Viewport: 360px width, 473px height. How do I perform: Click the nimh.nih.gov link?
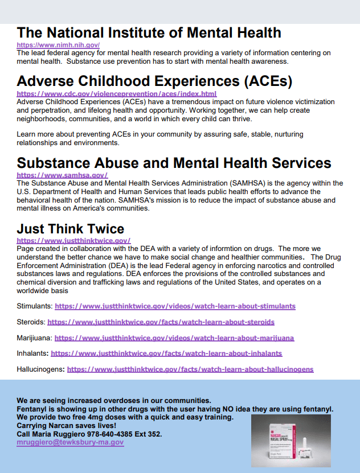[58, 44]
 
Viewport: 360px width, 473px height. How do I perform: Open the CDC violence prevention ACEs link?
[116, 93]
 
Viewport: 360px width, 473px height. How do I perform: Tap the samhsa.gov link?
[62, 175]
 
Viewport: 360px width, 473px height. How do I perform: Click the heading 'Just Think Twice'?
[70, 229]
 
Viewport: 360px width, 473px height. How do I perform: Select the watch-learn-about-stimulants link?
[175, 306]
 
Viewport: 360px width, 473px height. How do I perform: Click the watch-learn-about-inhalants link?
[166, 353]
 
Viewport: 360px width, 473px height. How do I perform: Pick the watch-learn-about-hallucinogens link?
[190, 369]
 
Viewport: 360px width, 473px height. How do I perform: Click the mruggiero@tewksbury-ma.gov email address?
[70, 442]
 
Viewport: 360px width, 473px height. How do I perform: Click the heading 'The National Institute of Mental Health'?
[149, 32]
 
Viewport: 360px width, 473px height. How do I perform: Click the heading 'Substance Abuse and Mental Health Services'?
[174, 163]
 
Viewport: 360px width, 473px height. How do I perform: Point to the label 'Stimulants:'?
[34, 306]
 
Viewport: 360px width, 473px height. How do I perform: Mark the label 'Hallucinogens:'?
[40, 369]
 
